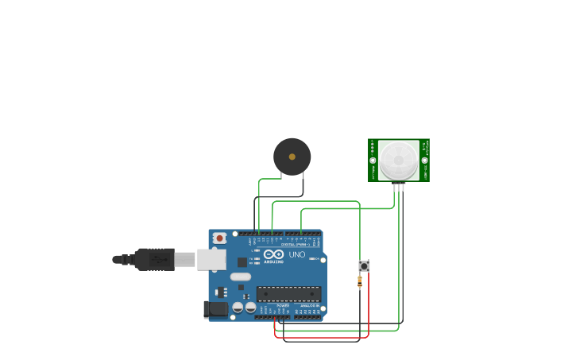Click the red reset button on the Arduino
point(218,238)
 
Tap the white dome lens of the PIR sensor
point(398,161)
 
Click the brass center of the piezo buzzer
point(292,157)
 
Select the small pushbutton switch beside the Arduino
point(364,265)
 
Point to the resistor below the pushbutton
point(359,281)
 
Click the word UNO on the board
point(296,255)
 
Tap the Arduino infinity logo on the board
point(273,254)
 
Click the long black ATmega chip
point(288,293)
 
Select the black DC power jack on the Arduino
point(215,309)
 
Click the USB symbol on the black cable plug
point(156,259)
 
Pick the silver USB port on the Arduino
point(211,259)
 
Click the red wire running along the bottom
point(322,337)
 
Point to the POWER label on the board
point(282,305)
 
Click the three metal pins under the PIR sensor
point(399,187)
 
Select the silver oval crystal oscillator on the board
point(241,277)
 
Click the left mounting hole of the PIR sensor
point(373,161)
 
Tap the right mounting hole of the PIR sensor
point(424,161)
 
